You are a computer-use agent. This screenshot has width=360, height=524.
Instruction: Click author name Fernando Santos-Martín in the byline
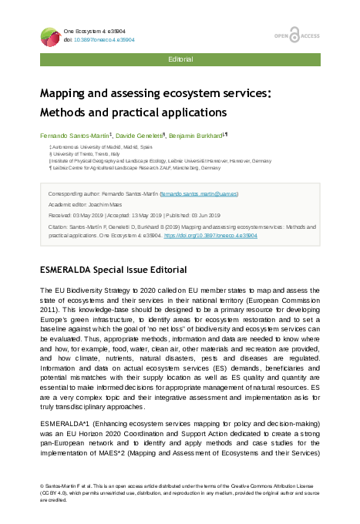tap(76, 135)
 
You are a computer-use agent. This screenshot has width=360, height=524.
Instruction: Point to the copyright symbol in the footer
tap(42, 487)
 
